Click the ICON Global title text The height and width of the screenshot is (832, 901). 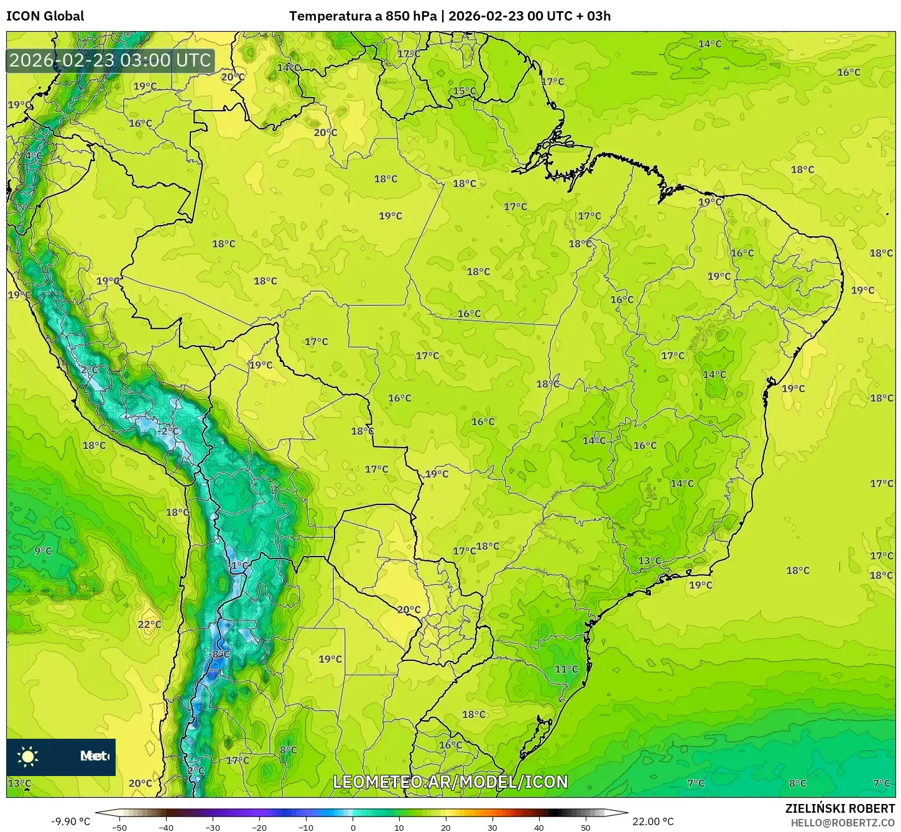[x=45, y=16]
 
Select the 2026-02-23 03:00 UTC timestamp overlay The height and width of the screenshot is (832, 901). [x=110, y=60]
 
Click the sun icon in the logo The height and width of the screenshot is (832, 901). [x=28, y=756]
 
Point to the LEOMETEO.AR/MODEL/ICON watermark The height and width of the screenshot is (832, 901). [x=450, y=782]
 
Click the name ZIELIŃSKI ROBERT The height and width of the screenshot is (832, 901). [x=839, y=808]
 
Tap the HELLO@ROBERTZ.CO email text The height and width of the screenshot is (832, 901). [x=843, y=822]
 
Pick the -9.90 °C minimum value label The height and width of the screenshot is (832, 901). [x=70, y=821]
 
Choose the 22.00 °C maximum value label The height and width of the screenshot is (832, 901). [x=653, y=821]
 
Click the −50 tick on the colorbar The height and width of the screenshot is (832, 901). [x=119, y=827]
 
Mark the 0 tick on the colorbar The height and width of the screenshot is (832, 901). [x=353, y=827]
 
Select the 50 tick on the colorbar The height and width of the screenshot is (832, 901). [x=586, y=827]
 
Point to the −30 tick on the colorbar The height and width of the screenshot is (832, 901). [x=213, y=827]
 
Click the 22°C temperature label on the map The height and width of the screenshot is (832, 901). [x=149, y=624]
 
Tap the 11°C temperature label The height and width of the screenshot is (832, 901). [x=566, y=669]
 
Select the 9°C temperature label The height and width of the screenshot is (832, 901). [x=43, y=551]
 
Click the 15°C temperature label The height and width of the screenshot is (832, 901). [x=464, y=91]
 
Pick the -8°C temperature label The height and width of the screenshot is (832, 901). [x=219, y=654]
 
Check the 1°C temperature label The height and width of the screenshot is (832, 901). [x=239, y=565]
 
